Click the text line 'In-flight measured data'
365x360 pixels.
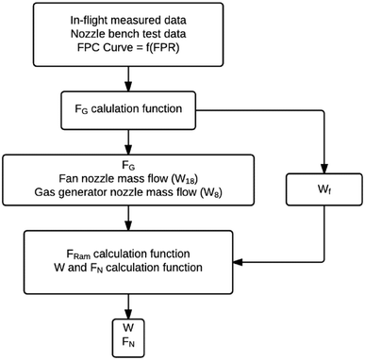pos(127,20)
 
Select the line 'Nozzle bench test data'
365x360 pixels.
pos(127,35)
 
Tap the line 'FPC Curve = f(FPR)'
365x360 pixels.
pos(127,50)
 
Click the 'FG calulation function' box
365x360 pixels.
pos(127,106)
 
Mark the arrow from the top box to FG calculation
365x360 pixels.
pos(127,78)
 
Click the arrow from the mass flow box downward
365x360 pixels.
pos(127,223)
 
